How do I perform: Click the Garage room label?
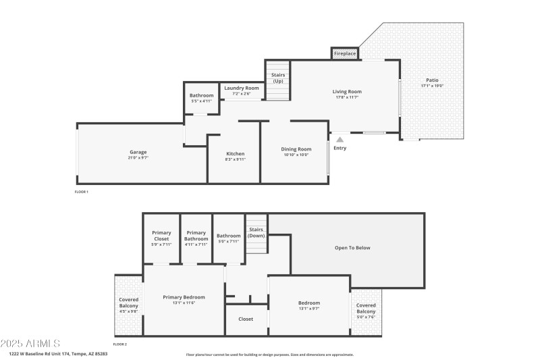tap(138, 152)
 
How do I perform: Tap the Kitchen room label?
tap(235, 154)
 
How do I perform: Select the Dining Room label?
tap(296, 149)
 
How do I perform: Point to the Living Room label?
tap(347, 92)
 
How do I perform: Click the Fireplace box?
tap(345, 53)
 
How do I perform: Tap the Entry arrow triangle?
tap(340, 139)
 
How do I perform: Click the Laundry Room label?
tap(242, 88)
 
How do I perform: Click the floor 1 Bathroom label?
tap(201, 96)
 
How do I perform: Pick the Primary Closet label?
tap(161, 236)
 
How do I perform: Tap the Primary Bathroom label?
tap(196, 236)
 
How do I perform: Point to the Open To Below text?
tap(352, 248)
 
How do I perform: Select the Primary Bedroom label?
tap(183, 297)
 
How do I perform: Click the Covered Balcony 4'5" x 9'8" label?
tap(128, 304)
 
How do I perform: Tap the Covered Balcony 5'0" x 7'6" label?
tap(367, 308)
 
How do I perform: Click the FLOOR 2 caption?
tap(119, 344)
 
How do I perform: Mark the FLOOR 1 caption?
tap(81, 192)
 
